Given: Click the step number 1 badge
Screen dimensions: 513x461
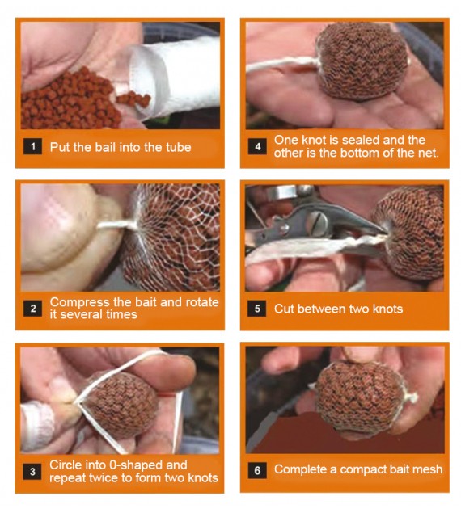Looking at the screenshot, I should (x=33, y=147).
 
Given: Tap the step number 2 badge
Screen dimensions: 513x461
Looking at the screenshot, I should (x=33, y=308).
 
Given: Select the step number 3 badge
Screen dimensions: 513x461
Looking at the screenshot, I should (x=33, y=470).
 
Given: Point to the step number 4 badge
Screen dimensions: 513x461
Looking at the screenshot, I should (x=257, y=147).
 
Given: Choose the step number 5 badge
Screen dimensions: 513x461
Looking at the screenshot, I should (x=257, y=308).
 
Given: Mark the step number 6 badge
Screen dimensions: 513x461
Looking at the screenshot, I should (x=257, y=469).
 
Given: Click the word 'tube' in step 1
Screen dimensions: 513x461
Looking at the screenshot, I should (x=177, y=147).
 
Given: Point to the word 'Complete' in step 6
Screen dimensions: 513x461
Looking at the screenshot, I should (x=300, y=469).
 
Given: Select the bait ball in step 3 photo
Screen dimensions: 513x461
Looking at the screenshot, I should (x=121, y=401).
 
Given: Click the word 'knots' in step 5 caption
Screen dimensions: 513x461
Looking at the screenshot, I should (x=386, y=308).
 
